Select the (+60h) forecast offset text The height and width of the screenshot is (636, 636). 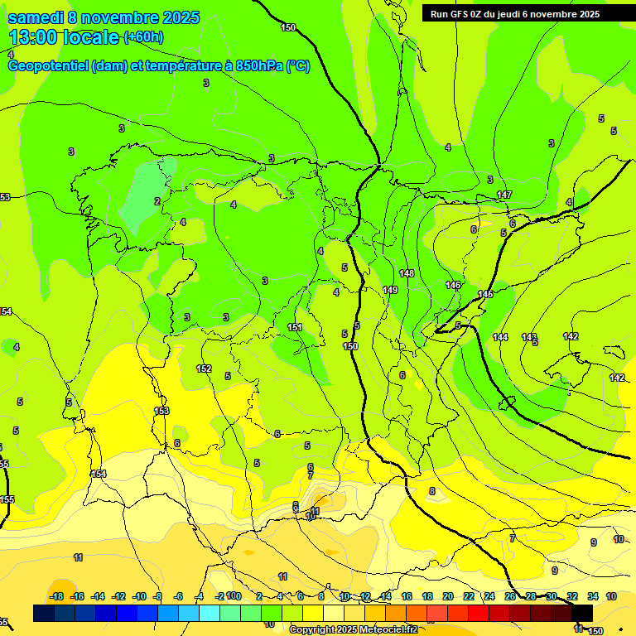[143, 36]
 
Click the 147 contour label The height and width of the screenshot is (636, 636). [503, 195]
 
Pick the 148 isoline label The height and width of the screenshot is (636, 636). [406, 273]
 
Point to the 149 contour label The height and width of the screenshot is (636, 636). [391, 290]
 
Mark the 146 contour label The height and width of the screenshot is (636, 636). [453, 285]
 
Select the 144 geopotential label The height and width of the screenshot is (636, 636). [500, 337]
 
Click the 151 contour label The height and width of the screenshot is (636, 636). [295, 327]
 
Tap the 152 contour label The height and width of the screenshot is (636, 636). [204, 369]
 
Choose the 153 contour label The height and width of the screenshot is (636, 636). [161, 411]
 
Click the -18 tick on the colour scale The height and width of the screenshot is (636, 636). [56, 596]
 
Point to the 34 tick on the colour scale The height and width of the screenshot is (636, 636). [593, 596]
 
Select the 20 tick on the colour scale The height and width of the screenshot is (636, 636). [448, 596]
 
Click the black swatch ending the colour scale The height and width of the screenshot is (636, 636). [582, 613]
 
